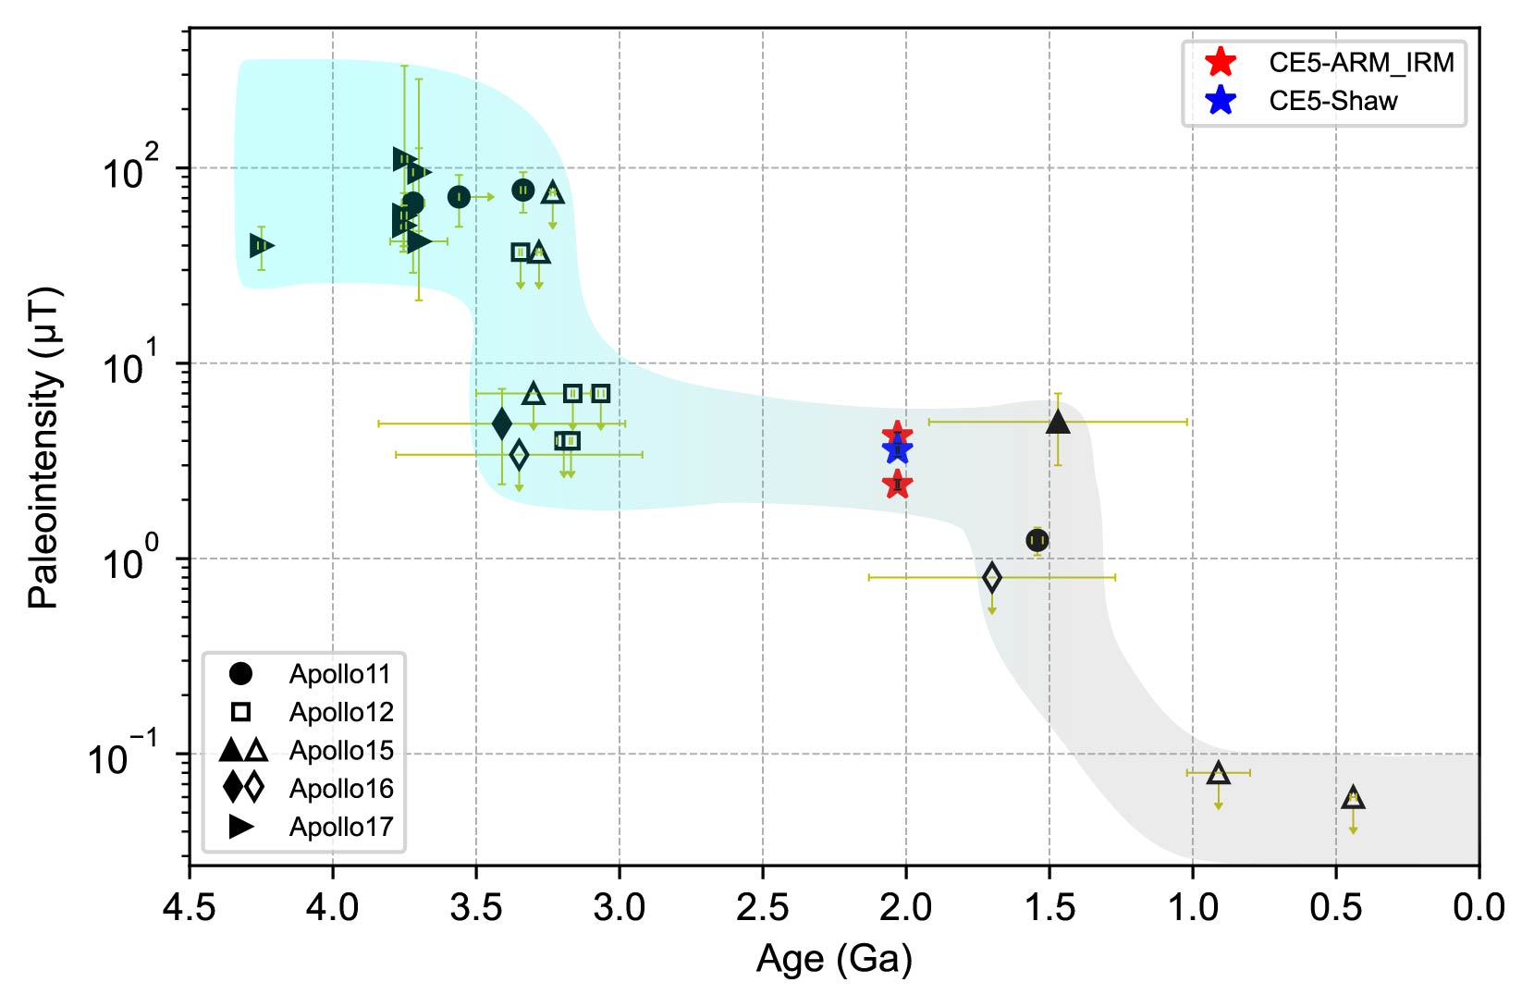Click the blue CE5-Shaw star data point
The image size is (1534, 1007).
[897, 450]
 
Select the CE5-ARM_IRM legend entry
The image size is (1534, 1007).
[1360, 63]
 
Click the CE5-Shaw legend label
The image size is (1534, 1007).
[1332, 101]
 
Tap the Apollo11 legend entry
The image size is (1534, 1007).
[339, 674]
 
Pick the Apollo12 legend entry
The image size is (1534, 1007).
[340, 712]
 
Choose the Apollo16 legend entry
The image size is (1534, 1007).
[340, 789]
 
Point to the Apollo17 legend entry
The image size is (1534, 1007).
[340, 827]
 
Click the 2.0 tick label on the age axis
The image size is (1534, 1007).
[905, 909]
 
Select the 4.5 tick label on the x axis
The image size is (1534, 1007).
[190, 909]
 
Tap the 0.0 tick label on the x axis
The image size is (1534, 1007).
[1479, 909]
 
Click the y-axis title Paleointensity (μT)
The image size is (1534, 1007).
[43, 447]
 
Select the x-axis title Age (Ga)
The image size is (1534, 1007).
[834, 960]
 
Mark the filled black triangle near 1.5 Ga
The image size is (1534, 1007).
[1058, 423]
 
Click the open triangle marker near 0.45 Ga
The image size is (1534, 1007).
[1353, 798]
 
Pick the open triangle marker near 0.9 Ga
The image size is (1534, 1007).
[1219, 773]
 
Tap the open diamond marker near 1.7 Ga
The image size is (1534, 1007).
[992, 578]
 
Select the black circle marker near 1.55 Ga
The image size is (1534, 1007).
[1037, 540]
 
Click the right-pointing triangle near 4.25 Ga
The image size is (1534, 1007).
[262, 245]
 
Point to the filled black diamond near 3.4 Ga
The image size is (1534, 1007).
[502, 424]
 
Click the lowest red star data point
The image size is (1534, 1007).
[897, 484]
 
